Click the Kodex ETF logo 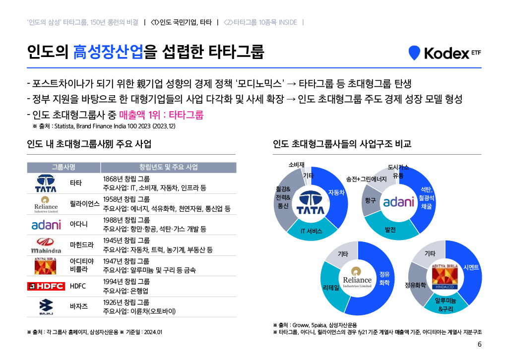(x=444, y=53)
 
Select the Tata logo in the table (x=46, y=183)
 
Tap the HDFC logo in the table (x=46, y=286)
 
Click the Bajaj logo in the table (x=46, y=307)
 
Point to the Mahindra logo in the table (x=46, y=245)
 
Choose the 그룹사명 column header (x=63, y=167)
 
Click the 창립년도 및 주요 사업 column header (x=168, y=167)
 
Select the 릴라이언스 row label (x=85, y=204)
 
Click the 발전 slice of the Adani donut (x=390, y=230)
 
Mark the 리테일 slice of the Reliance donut (x=330, y=287)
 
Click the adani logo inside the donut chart (x=398, y=202)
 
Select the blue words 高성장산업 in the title (x=109, y=52)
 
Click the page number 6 (x=479, y=345)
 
